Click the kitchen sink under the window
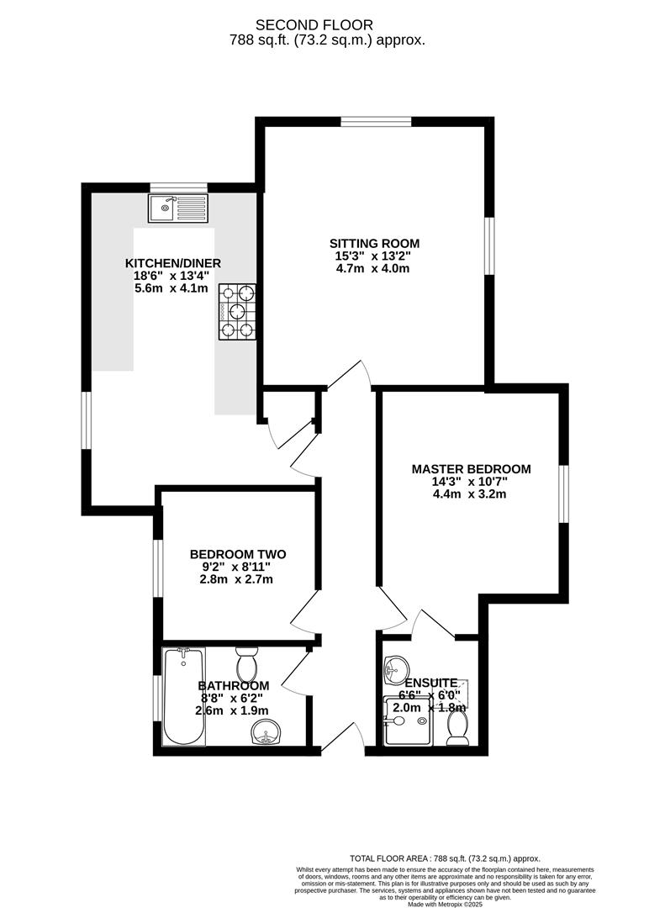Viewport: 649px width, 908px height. tap(177, 207)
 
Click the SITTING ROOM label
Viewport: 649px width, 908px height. tap(376, 244)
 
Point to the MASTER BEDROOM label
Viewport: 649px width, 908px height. tap(471, 469)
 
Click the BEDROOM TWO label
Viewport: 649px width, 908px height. tap(238, 554)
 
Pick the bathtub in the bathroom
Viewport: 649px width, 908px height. tap(184, 696)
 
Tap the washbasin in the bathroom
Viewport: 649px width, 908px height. tap(269, 733)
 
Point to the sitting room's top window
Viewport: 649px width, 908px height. tap(376, 123)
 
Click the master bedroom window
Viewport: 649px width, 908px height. tap(563, 494)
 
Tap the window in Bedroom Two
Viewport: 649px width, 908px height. tap(157, 569)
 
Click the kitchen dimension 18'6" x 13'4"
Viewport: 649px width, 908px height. tap(167, 275)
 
